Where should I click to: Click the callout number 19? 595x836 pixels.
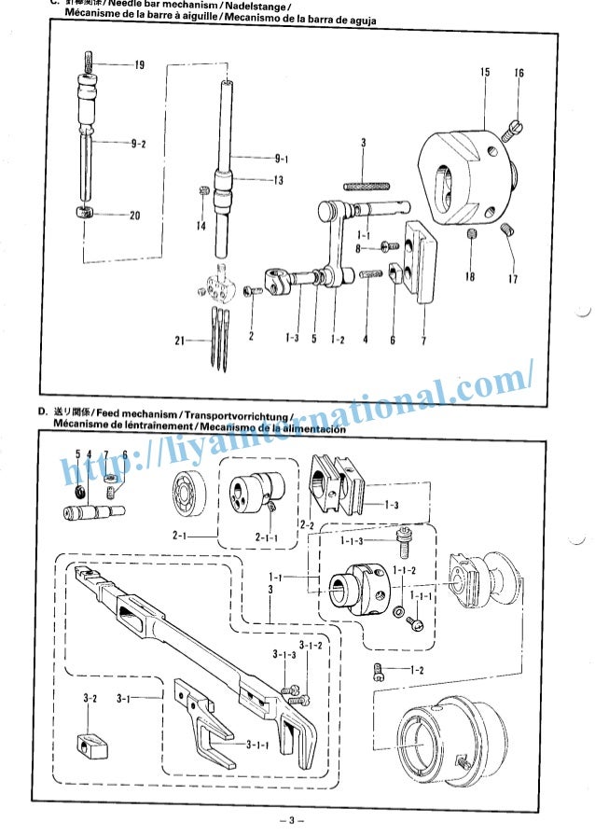(x=138, y=65)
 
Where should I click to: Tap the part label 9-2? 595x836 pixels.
(x=138, y=144)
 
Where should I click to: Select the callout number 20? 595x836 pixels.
(x=134, y=216)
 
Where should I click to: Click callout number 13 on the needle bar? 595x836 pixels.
(x=278, y=181)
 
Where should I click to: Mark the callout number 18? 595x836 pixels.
(x=470, y=277)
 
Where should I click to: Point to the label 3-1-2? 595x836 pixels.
(x=311, y=645)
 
